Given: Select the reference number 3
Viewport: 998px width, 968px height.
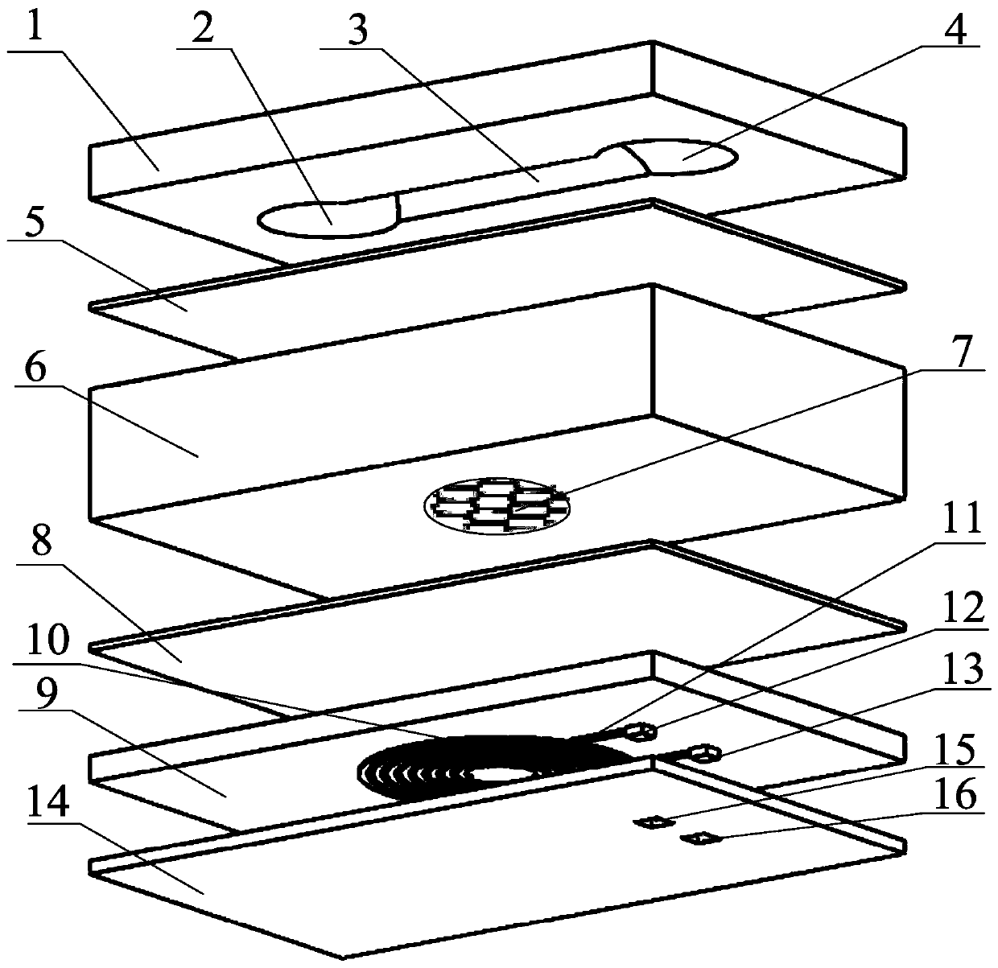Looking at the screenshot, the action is coord(357,29).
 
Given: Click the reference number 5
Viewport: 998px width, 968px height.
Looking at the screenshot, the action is coord(35,220).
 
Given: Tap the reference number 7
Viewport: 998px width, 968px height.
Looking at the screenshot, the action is coord(960,351).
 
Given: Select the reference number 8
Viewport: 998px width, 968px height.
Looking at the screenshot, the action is coord(42,543).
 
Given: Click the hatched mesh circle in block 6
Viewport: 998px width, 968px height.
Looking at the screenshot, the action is coord(497,505).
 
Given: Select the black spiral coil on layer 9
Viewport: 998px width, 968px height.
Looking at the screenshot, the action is coord(487,768).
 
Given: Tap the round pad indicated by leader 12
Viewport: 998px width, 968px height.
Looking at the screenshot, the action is coord(641,732).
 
